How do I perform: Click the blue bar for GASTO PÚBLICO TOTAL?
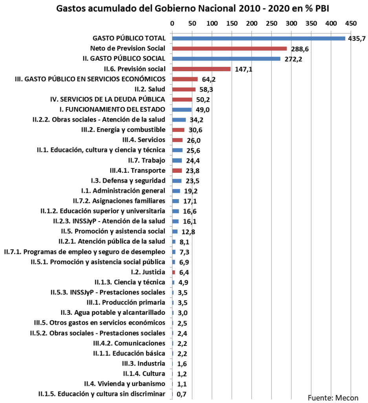(258, 39)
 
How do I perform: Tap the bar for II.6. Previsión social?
(201, 69)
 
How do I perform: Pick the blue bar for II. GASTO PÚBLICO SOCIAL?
(226, 59)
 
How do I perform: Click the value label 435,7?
(357, 39)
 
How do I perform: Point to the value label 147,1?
(243, 69)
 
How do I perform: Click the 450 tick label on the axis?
(351, 24)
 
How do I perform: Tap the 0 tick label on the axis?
(172, 24)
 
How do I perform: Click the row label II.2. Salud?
(150, 89)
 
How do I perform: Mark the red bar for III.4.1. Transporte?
(177, 171)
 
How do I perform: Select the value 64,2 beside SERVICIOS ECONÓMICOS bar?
(209, 79)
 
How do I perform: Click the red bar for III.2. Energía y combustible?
(178, 130)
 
